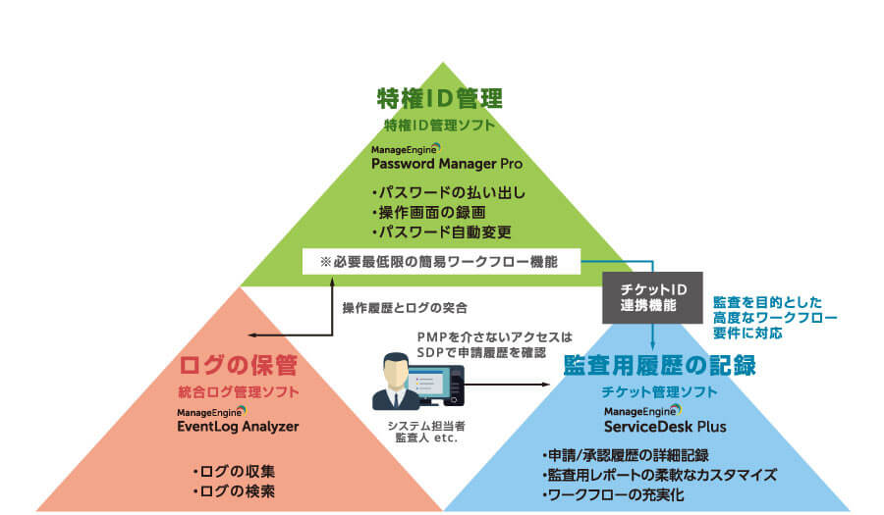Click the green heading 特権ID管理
point(440,99)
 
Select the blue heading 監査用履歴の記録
point(659,366)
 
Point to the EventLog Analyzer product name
point(238,427)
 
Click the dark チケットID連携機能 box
point(651,297)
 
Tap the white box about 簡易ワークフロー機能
point(441,261)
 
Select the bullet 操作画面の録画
point(428,212)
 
